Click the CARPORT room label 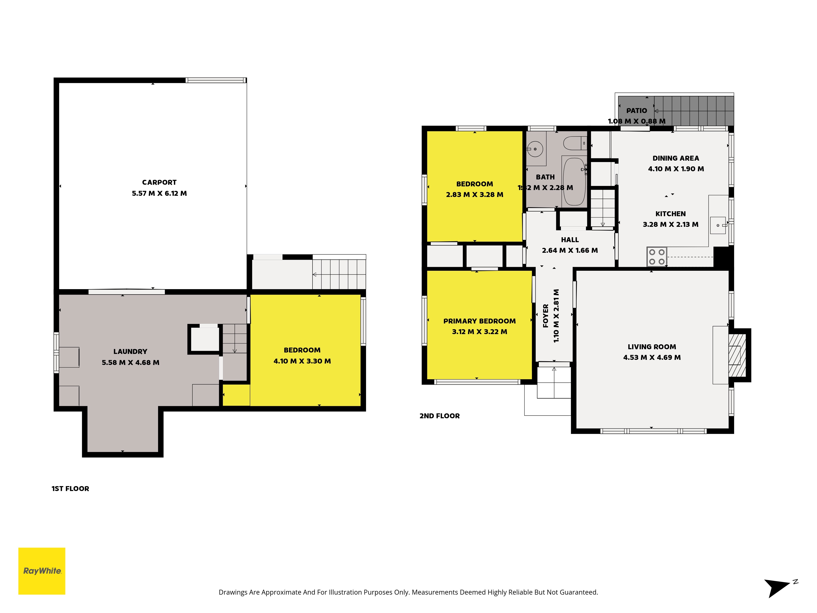pyautogui.click(x=159, y=182)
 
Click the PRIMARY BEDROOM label pyautogui.click(x=479, y=321)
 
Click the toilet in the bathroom pyautogui.click(x=575, y=143)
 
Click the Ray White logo pyautogui.click(x=42, y=571)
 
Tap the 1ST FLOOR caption pyautogui.click(x=70, y=489)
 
